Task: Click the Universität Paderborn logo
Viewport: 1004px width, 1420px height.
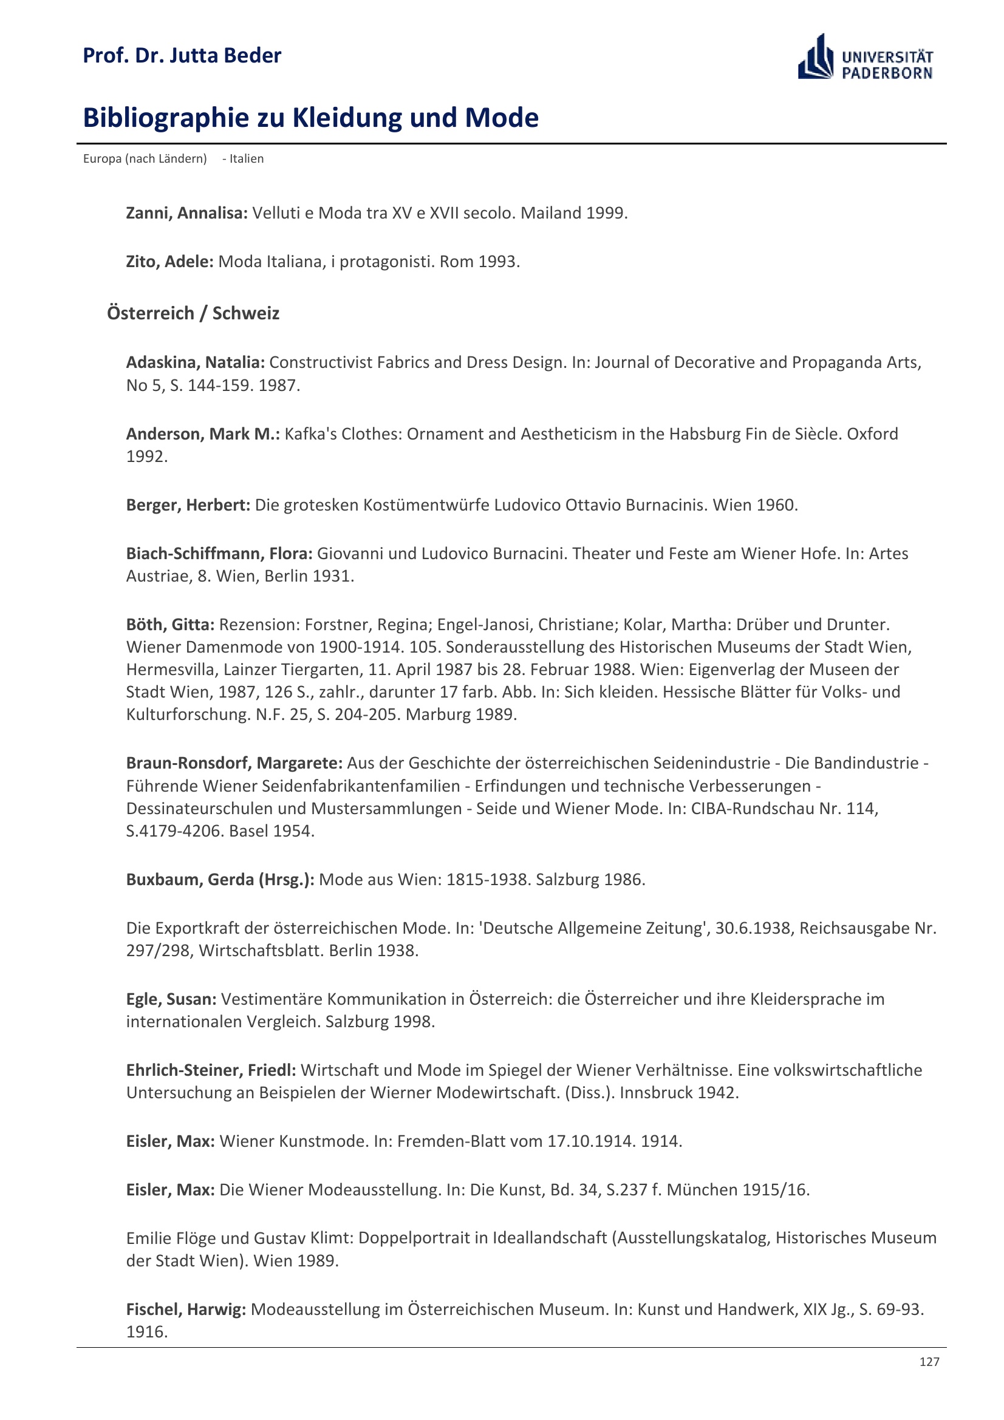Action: [x=865, y=57]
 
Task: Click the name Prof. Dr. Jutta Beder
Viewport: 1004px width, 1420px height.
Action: [x=182, y=56]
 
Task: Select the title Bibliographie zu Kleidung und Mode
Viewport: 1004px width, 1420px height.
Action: [x=310, y=118]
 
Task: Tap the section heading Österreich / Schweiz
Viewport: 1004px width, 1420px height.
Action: [x=193, y=313]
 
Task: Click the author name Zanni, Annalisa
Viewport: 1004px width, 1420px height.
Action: [x=186, y=212]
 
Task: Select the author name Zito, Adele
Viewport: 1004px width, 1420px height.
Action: [x=169, y=262]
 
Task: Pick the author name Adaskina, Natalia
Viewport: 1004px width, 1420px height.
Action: [x=196, y=362]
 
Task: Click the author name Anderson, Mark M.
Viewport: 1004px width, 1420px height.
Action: [x=203, y=433]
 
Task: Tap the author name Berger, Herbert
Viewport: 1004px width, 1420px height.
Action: [x=188, y=504]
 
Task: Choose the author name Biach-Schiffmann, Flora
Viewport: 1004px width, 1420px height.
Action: [x=219, y=553]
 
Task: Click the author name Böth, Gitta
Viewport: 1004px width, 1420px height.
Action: [x=170, y=625]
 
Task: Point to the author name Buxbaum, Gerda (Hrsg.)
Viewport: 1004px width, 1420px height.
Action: [x=220, y=879]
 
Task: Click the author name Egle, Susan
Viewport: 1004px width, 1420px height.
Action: [x=171, y=999]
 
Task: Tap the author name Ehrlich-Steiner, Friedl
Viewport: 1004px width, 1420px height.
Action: [x=211, y=1070]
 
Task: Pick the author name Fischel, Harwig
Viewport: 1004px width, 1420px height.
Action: [x=186, y=1309]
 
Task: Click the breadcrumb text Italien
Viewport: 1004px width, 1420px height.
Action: [x=246, y=159]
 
